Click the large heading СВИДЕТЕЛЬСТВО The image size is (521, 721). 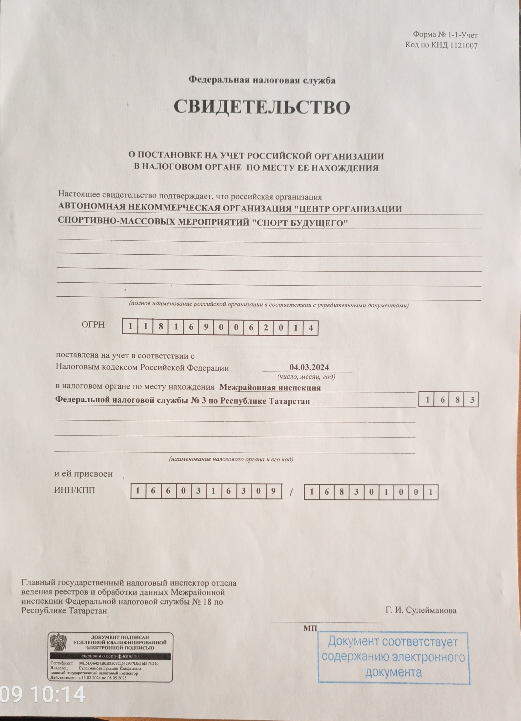pos(261,107)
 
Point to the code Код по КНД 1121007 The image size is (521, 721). pos(441,45)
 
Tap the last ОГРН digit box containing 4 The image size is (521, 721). pos(310,328)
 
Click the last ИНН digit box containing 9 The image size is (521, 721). pos(274,491)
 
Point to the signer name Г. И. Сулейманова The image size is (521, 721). pos(421,610)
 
